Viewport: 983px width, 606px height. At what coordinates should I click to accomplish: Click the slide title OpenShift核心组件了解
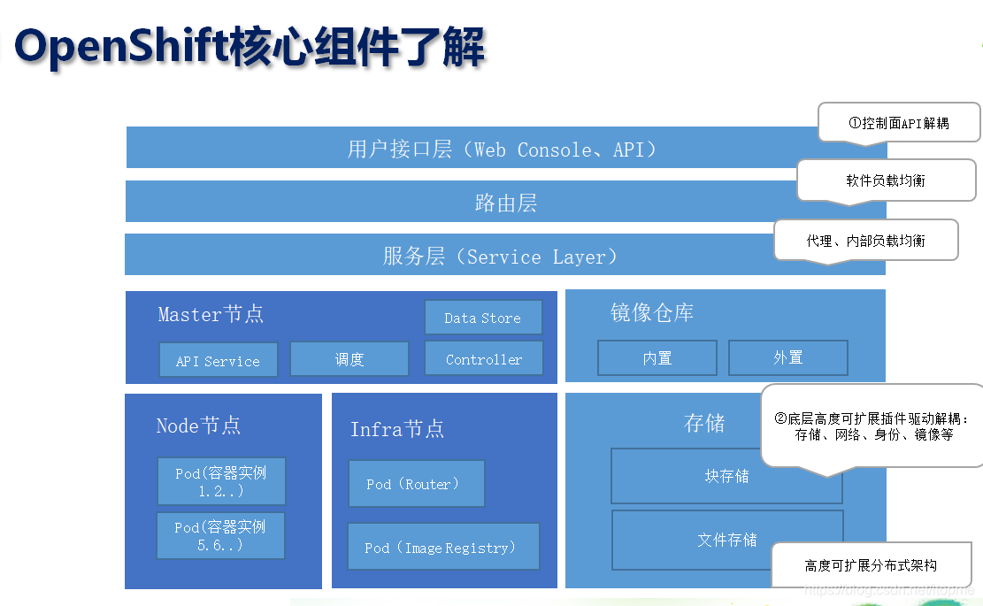click(x=250, y=47)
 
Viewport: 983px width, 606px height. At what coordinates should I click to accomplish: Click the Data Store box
click(x=482, y=318)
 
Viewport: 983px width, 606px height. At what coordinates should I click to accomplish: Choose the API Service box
click(x=218, y=360)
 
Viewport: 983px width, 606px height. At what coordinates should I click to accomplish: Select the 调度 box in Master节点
click(x=349, y=359)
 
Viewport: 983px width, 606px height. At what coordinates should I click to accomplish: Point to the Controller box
click(x=483, y=358)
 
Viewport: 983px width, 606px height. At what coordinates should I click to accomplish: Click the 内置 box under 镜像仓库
click(x=657, y=357)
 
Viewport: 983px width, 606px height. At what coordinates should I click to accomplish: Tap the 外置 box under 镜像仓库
click(x=787, y=357)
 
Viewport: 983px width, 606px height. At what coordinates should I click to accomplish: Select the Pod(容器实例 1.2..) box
click(x=221, y=481)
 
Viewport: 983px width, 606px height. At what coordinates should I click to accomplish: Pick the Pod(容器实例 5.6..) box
click(x=220, y=535)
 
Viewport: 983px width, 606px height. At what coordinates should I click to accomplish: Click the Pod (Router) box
click(x=416, y=484)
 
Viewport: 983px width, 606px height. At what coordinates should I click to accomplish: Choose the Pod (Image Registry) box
click(x=442, y=548)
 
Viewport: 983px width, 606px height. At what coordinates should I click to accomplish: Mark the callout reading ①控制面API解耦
click(x=899, y=123)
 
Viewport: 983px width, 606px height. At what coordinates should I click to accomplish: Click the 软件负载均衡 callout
click(x=886, y=180)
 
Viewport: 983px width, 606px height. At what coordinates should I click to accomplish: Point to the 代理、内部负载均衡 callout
click(x=865, y=240)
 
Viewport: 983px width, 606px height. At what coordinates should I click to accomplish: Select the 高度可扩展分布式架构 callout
click(x=871, y=565)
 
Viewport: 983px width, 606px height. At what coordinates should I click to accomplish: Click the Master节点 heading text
click(x=211, y=314)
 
